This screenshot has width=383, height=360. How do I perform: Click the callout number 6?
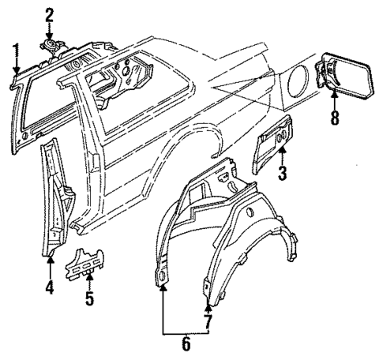pos(186,343)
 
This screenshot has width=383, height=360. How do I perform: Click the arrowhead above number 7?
pos(206,305)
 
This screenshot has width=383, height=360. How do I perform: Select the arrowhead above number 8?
pos(335,92)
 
